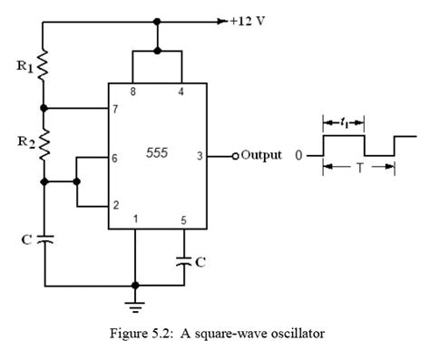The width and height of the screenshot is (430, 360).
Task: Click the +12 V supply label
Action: [x=248, y=22]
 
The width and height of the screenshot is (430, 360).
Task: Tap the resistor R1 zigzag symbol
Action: [x=44, y=65]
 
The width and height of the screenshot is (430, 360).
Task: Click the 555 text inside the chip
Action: [x=157, y=153]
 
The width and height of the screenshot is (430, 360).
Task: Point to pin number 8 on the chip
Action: [x=133, y=92]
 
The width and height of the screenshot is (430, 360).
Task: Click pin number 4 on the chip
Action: [x=181, y=92]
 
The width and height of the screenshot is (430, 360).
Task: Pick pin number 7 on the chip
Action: [x=115, y=109]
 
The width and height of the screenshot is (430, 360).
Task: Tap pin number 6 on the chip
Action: [x=115, y=158]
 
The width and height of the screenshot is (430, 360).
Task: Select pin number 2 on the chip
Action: [x=116, y=206]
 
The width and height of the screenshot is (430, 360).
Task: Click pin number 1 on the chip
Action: [x=136, y=219]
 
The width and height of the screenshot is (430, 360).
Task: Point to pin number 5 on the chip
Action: [x=183, y=220]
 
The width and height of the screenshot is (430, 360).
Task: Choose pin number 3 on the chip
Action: [x=200, y=157]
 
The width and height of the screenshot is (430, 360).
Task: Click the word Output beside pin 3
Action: [x=261, y=156]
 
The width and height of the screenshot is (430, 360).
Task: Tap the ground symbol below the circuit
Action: [x=135, y=306]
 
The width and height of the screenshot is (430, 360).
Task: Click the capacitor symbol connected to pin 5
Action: [x=184, y=261]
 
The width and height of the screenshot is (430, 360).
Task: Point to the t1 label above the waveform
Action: [x=344, y=122]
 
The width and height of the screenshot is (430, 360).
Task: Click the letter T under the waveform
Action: [x=359, y=168]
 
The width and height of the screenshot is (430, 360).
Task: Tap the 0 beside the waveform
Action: [x=298, y=155]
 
